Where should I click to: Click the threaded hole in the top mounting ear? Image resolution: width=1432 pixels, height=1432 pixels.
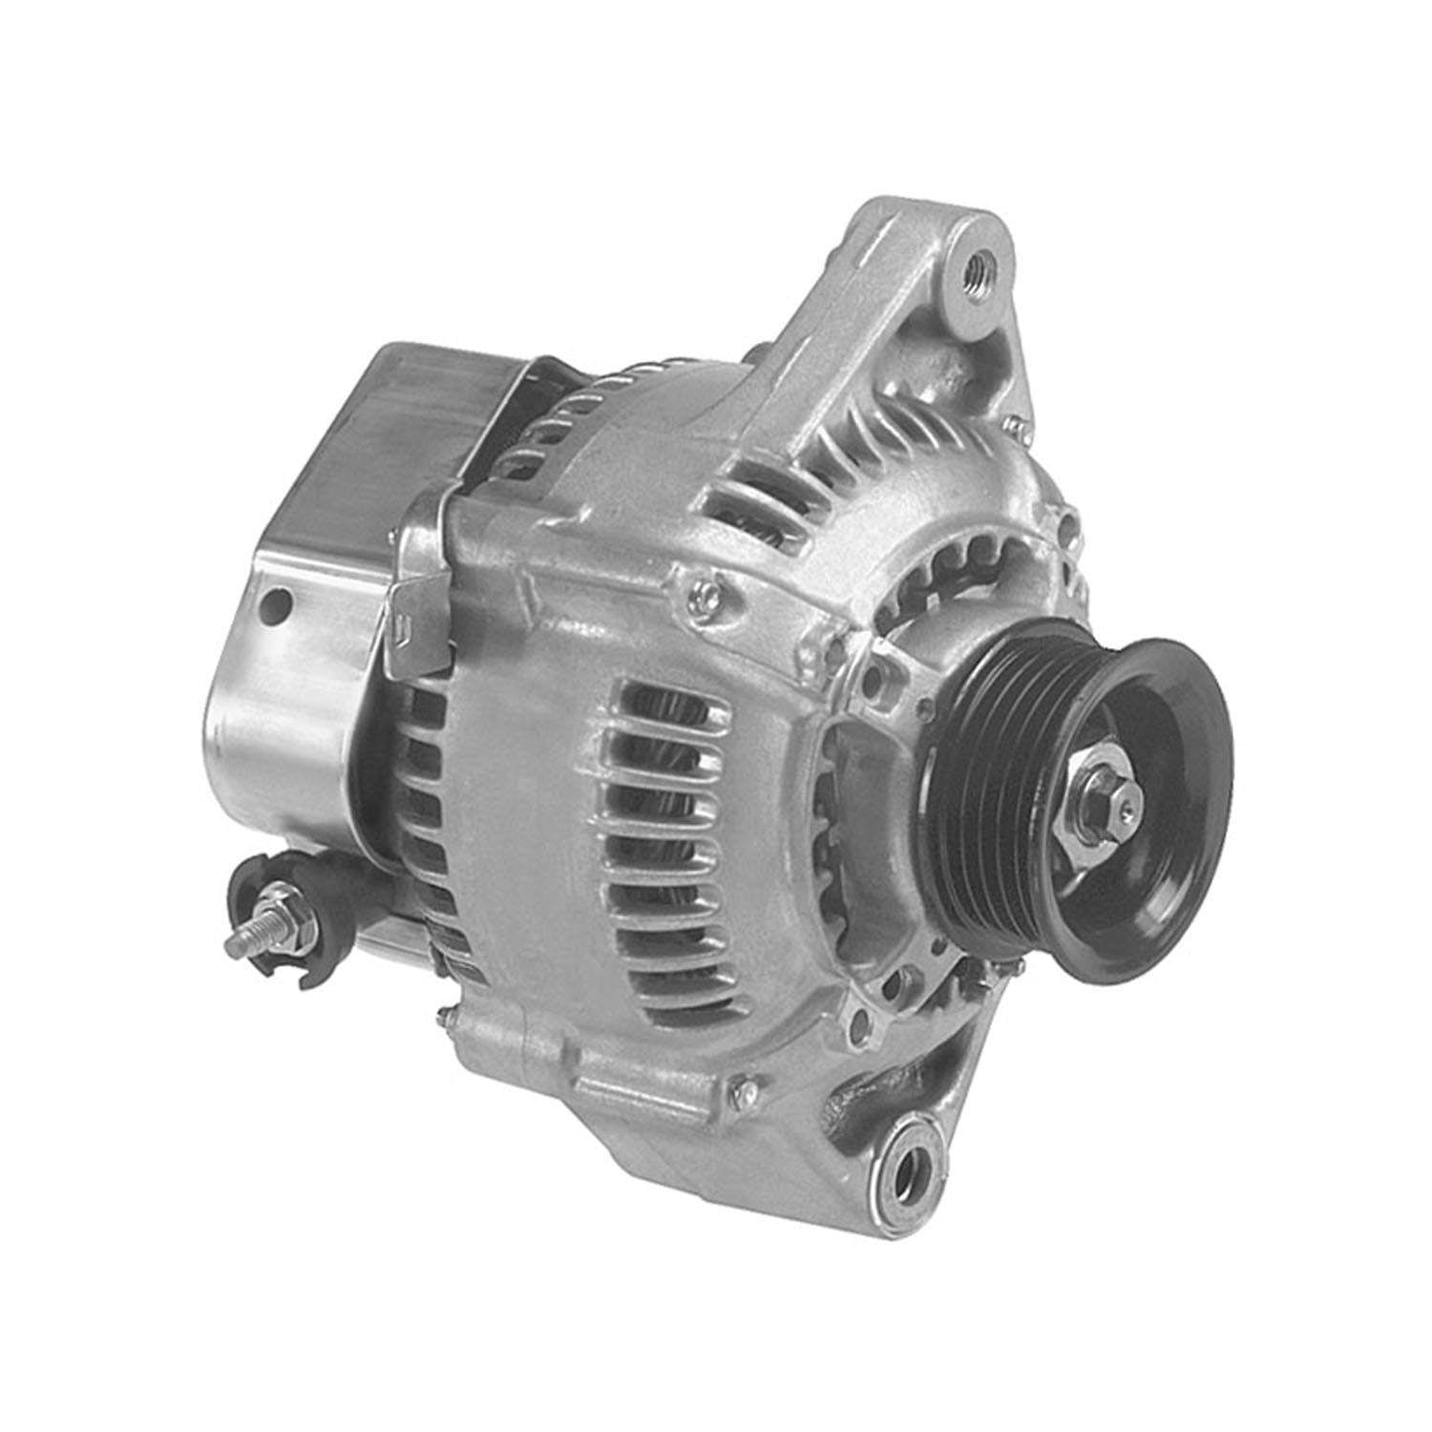(978, 263)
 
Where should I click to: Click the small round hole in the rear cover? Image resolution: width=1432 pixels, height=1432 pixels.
(278, 603)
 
